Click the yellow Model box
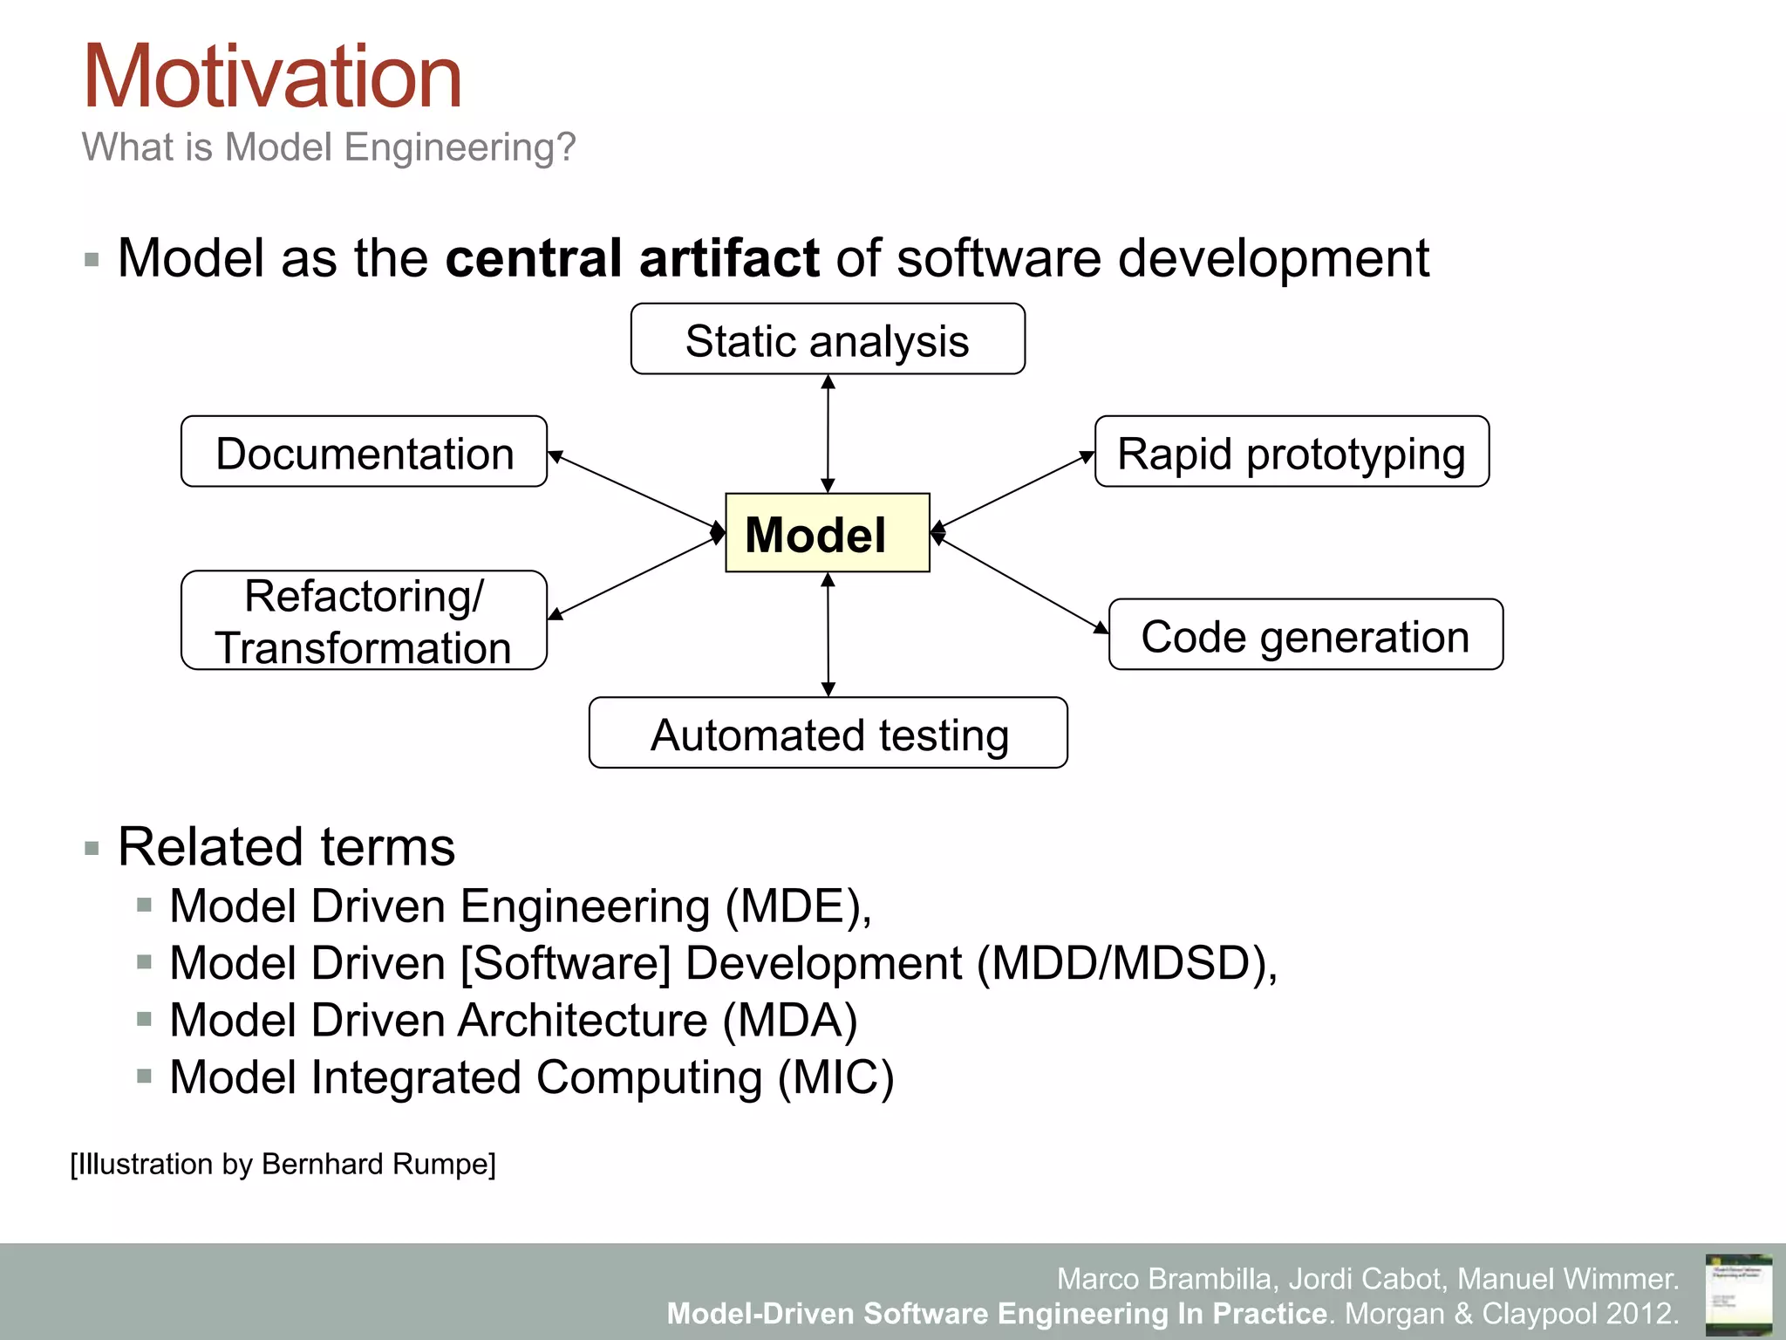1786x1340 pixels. click(827, 533)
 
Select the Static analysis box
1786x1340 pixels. click(827, 339)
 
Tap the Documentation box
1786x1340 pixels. click(364, 452)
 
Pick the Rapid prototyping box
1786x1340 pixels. click(1292, 452)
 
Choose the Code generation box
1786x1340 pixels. click(1305, 635)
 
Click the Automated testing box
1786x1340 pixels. click(828, 733)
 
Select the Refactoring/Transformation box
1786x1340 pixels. click(364, 620)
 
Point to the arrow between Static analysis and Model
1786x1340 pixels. click(828, 434)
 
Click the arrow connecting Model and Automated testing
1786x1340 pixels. click(828, 634)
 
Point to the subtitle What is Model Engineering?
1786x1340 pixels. click(329, 147)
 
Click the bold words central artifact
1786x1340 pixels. click(631, 258)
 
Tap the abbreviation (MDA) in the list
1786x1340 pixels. click(790, 1020)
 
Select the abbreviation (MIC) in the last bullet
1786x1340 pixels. click(835, 1077)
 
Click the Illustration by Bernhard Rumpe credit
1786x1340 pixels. click(283, 1164)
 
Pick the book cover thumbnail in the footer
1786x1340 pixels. click(1738, 1293)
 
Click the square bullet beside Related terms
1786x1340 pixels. click(92, 848)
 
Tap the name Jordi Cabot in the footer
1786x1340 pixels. click(1365, 1279)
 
